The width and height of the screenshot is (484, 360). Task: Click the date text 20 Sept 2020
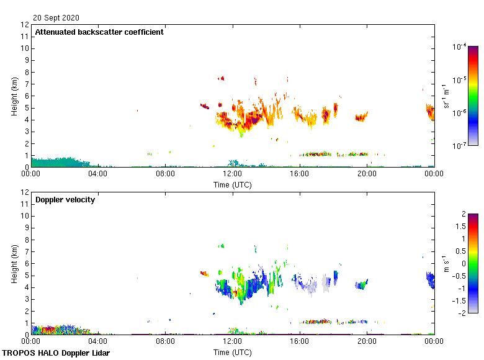(x=56, y=18)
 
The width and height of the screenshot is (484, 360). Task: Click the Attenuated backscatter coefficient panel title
(x=99, y=32)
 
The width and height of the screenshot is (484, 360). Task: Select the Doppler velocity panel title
(x=65, y=200)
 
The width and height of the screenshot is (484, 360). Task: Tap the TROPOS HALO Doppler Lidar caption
(x=54, y=353)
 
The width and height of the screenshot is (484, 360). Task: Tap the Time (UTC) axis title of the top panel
(x=232, y=185)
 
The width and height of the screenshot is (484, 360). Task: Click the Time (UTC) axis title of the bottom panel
(x=232, y=353)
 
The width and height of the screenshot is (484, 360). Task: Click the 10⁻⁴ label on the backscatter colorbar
(x=460, y=47)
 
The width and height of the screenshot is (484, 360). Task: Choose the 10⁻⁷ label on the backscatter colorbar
(x=460, y=146)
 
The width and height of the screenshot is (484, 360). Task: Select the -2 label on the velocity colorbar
(x=462, y=312)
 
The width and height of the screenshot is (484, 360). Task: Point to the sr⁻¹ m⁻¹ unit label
(x=447, y=96)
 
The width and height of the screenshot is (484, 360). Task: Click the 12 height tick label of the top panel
(x=25, y=25)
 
